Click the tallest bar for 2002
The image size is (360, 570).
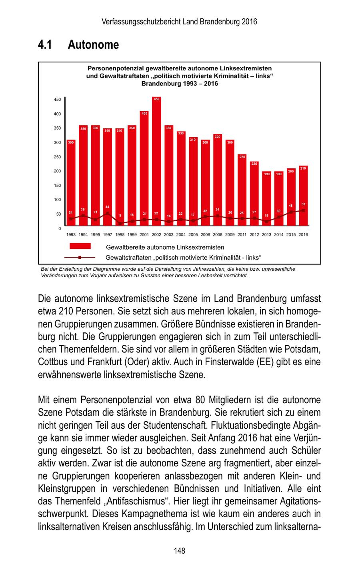pos(156,160)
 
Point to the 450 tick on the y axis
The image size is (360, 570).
pos(58,100)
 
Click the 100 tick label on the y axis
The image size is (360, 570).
pos(58,200)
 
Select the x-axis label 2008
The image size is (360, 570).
pos(218,235)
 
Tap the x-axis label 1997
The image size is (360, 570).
pos(107,235)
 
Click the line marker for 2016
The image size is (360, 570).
pos(303,210)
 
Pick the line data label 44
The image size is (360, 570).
pos(107,206)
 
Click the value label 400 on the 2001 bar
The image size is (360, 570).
pos(144,114)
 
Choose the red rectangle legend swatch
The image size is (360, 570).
pos(80,246)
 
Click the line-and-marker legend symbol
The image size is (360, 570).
pos(80,257)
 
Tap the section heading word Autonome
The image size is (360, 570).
pos(93,45)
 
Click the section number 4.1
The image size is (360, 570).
pos(45,45)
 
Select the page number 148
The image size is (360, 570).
pos(180,551)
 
